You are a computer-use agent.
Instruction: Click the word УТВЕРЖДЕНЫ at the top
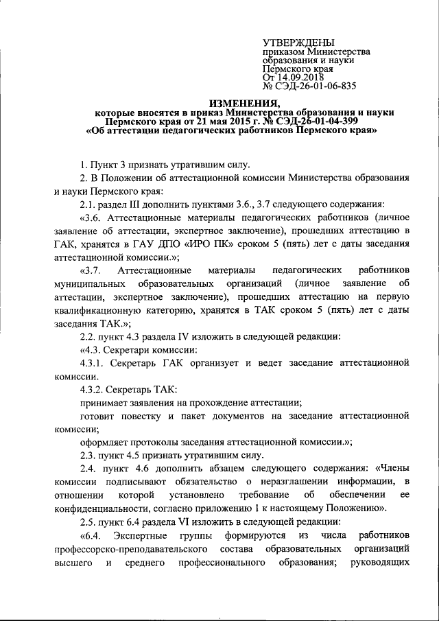coord(296,43)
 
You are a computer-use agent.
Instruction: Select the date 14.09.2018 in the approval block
coord(304,78)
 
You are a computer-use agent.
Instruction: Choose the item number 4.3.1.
coord(93,363)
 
